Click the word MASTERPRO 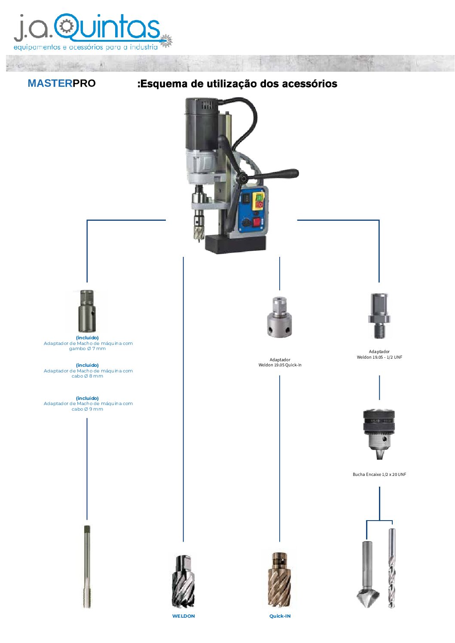[61, 83]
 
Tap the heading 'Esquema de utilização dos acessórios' [237, 84]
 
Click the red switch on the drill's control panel [257, 222]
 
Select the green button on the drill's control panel [259, 197]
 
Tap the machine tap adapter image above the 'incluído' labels [87, 311]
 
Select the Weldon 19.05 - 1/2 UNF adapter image [379, 316]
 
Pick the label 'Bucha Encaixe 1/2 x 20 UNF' [379, 475]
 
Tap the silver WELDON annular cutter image [184, 582]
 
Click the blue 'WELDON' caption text [183, 616]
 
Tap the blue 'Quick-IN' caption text [280, 616]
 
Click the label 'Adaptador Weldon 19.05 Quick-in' [280, 363]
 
